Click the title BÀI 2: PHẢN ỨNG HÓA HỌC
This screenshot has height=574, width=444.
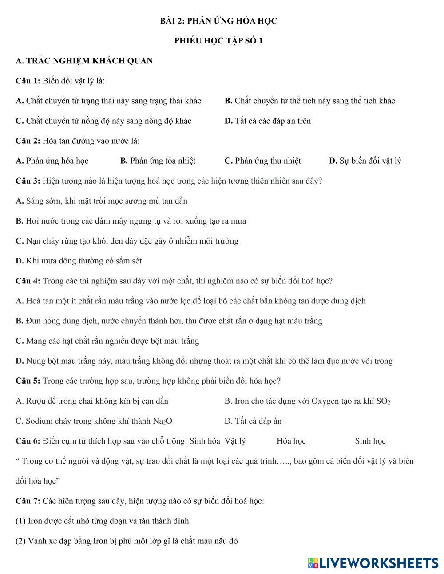pos(218,21)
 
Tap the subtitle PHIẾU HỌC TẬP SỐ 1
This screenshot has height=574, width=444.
pos(218,41)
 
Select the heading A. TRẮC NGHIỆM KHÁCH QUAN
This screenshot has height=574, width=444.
pos(84,61)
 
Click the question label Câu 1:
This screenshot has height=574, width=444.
pos(28,81)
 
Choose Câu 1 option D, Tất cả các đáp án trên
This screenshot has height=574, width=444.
pos(268,121)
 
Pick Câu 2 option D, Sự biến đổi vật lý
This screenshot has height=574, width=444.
pos(365,161)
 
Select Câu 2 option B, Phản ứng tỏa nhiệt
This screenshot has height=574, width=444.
pos(158,161)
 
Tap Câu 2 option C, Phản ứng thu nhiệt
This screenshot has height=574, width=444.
pos(262,161)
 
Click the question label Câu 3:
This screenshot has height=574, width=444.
pos(28,181)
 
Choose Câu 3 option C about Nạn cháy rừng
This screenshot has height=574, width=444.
pos(127,241)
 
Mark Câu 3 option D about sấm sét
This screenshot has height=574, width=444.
pos(79,261)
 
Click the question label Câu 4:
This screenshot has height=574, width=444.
pos(28,281)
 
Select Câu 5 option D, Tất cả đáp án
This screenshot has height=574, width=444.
pos(253,421)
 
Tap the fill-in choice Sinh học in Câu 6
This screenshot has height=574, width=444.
pos(370,441)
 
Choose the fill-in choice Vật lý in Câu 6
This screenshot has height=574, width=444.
pos(235,441)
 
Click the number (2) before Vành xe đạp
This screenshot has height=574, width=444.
pos(20,541)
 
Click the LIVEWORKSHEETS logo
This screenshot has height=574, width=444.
pos(373,563)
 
